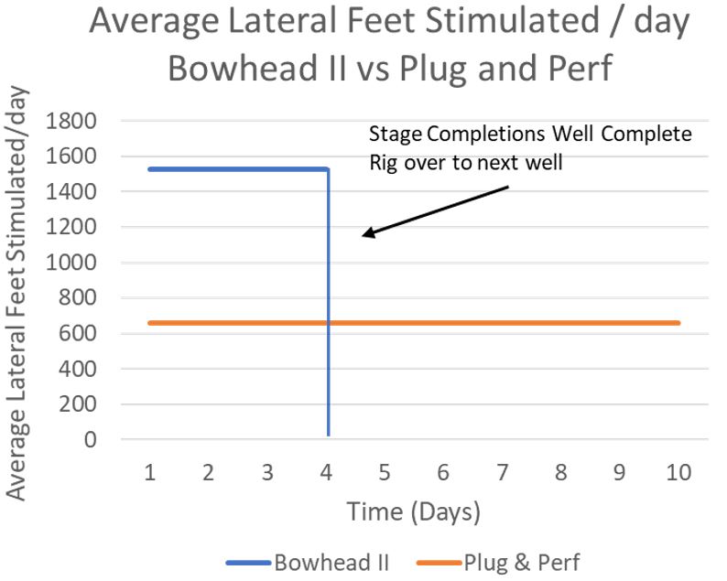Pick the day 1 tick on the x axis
coord(150,473)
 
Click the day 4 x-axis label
coord(327,473)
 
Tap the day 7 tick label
coord(502,473)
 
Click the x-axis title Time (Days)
coord(413,511)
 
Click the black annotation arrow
coord(435,211)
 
